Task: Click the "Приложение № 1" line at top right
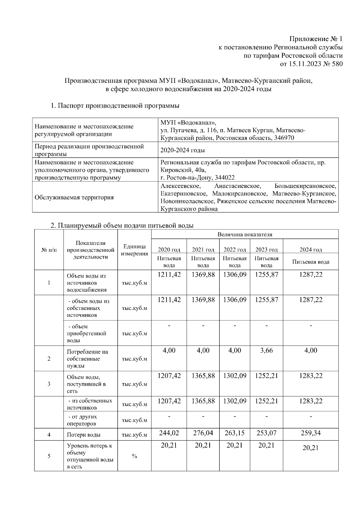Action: pyautogui.click(x=316, y=39)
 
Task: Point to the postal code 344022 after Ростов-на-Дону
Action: pyautogui.click(x=223, y=177)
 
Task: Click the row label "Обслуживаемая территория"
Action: pyautogui.click(x=74, y=197)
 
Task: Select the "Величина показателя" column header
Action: pyautogui.click(x=245, y=234)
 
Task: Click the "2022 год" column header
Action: pyautogui.click(x=235, y=249)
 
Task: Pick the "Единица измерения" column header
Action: pyautogui.click(x=134, y=250)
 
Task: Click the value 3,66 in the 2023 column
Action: pyautogui.click(x=266, y=350)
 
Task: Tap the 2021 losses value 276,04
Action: pyautogui.click(x=203, y=433)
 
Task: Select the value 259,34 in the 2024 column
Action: pyautogui.click(x=310, y=433)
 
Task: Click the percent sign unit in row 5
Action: pyautogui.click(x=134, y=456)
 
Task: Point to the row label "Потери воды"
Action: pyautogui.click(x=84, y=435)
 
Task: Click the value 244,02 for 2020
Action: pyautogui.click(x=169, y=433)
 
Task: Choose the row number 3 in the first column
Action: pyautogui.click(x=49, y=384)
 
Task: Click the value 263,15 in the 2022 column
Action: pyautogui.click(x=235, y=433)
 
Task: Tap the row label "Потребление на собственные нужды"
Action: pyautogui.click(x=87, y=359)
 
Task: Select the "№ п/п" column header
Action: pyautogui.click(x=49, y=250)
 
